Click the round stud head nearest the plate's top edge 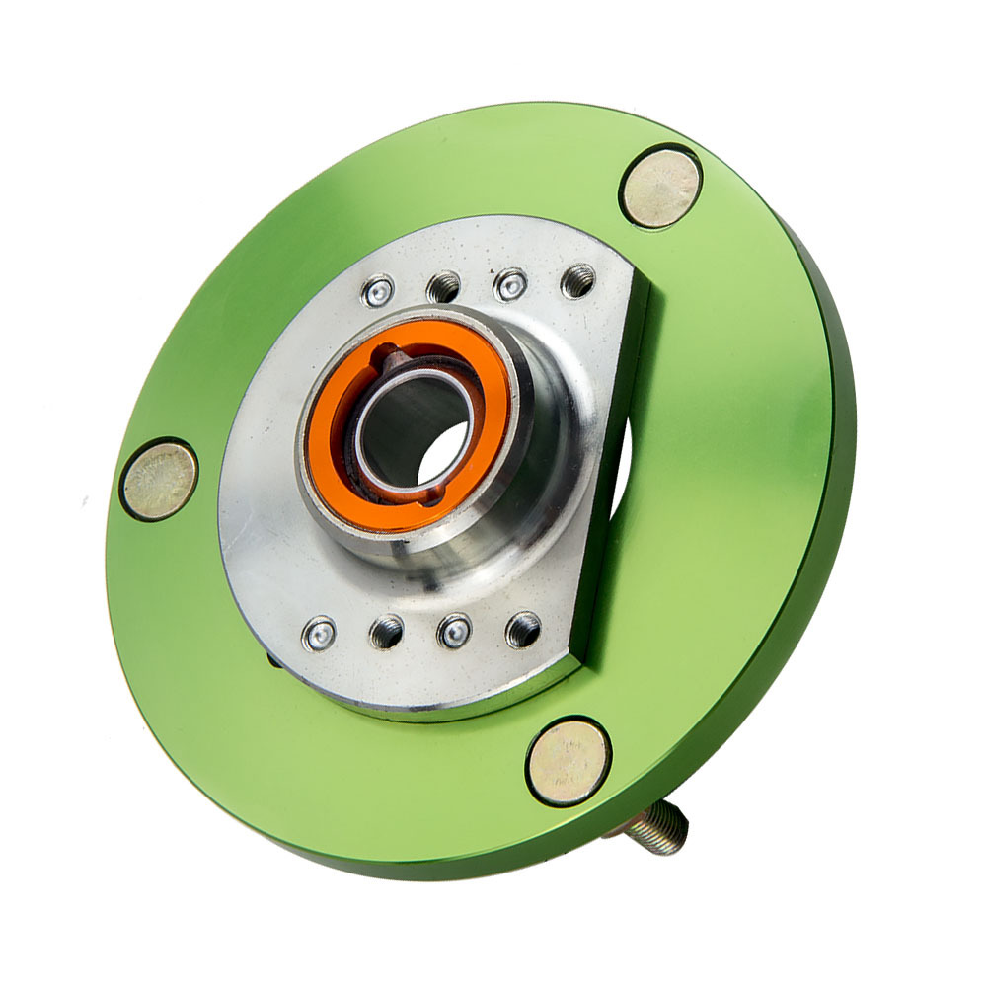point(661,187)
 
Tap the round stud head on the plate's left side point(160,481)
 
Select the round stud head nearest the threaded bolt point(568,761)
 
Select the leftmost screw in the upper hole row point(378,290)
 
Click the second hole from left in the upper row point(444,286)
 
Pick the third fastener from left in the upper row point(510,284)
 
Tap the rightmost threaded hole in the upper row point(578,281)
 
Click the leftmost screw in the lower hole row point(319,634)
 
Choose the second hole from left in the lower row point(386,632)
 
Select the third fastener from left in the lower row point(454,631)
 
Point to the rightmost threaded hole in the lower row point(523,629)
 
